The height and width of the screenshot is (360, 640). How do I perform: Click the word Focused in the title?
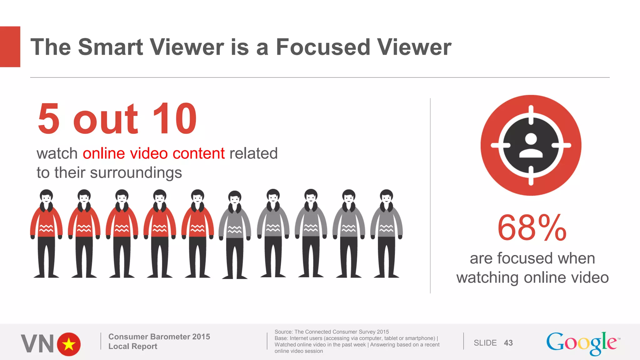click(x=323, y=47)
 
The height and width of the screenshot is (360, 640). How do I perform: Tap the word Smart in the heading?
click(x=110, y=47)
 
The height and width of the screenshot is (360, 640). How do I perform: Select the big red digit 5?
click(x=48, y=119)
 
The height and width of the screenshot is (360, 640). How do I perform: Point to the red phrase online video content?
click(x=153, y=153)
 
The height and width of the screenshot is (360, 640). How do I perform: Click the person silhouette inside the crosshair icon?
click(x=531, y=145)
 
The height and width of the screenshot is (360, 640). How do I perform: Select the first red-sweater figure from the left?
click(x=46, y=233)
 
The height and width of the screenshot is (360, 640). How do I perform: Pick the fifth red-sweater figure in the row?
click(x=197, y=233)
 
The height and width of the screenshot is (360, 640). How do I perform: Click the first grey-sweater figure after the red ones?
click(x=235, y=234)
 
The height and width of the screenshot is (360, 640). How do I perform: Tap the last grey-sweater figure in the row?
click(x=386, y=233)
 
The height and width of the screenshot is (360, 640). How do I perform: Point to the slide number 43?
click(x=508, y=343)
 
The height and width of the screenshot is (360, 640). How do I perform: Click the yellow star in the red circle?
click(x=69, y=344)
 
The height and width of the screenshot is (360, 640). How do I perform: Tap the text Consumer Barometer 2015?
click(x=159, y=337)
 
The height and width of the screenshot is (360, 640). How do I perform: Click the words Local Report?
click(x=133, y=346)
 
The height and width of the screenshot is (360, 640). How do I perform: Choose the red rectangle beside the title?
click(x=10, y=47)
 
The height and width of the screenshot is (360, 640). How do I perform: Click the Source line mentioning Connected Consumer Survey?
click(x=332, y=332)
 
